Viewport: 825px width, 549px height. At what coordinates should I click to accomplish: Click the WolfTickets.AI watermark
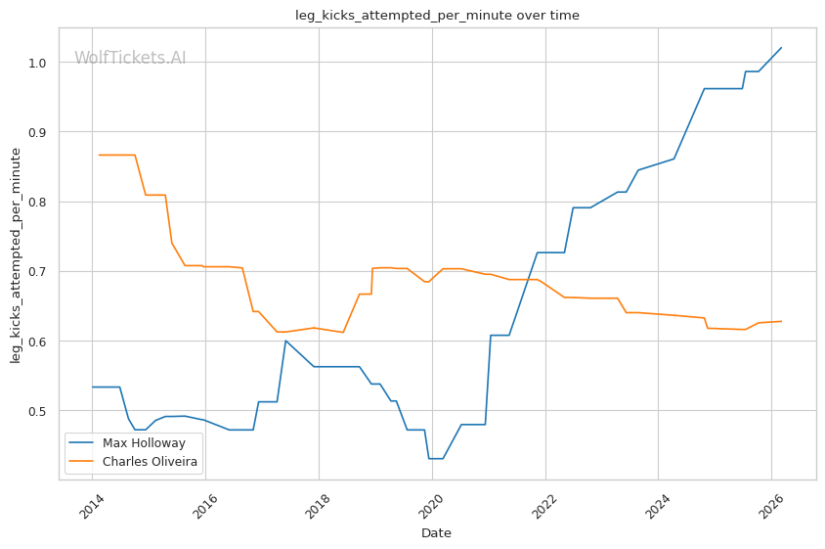130,58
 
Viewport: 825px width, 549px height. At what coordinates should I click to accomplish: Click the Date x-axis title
436,533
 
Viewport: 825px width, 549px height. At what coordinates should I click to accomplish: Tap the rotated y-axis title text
16,254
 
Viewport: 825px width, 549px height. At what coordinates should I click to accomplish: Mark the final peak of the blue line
781,47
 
